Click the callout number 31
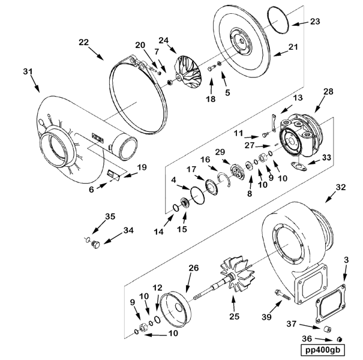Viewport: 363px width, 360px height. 28,71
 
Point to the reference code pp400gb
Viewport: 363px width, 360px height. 325,349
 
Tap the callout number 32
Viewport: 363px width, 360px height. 341,188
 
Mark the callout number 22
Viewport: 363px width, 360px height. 83,43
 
